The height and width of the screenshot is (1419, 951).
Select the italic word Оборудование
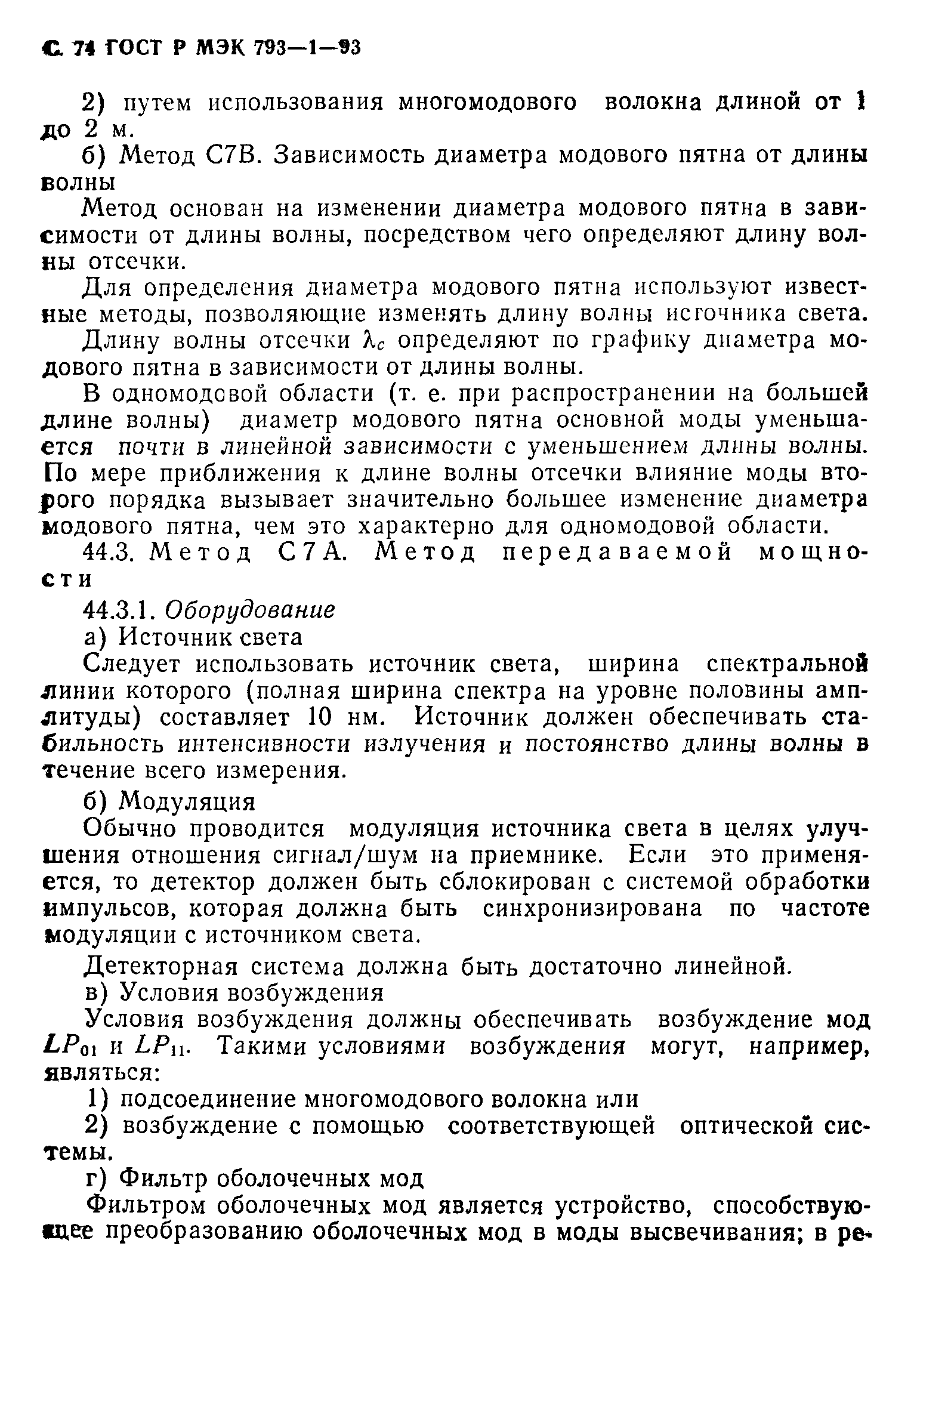(x=249, y=610)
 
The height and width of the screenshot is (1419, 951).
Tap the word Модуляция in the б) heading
(x=187, y=802)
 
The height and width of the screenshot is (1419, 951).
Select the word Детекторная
(x=160, y=967)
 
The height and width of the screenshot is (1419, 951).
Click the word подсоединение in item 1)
(x=209, y=1099)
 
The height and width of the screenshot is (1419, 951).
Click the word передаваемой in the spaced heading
(x=617, y=552)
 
